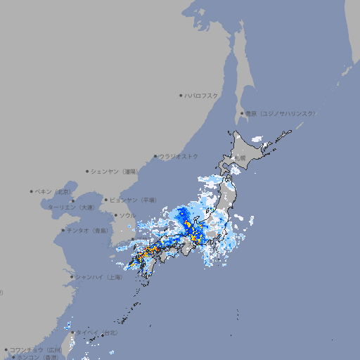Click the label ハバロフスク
(202, 95)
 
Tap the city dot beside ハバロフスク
(181, 95)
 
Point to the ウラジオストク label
(179, 156)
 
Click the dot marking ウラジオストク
(155, 156)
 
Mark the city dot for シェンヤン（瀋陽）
(88, 171)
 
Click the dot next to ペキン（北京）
(32, 191)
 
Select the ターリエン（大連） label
(71, 207)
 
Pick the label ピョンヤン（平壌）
(133, 200)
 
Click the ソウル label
(127, 215)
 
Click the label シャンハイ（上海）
(98, 277)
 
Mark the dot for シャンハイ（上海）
(72, 277)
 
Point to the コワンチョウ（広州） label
(36, 349)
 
